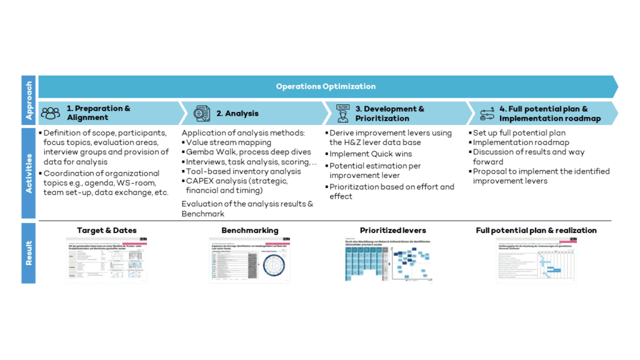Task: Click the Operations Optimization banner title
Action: [326, 86]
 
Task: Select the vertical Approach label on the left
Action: [29, 100]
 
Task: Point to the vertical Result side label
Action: [29, 252]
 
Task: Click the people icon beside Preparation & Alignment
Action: [51, 113]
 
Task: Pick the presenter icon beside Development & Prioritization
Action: [342, 113]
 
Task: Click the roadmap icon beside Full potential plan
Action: [487, 113]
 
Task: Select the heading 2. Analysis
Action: [237, 113]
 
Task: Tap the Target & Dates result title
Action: [107, 231]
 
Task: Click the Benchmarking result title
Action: [250, 231]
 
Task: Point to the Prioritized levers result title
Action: [393, 231]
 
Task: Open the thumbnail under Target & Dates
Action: [107, 259]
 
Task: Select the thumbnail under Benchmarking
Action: [250, 259]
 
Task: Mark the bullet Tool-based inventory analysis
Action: [243, 171]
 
